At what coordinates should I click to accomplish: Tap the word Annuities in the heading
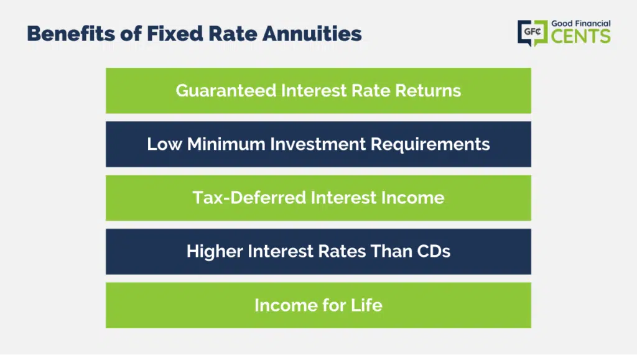point(312,34)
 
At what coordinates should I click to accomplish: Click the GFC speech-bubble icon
point(532,33)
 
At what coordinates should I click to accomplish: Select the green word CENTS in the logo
point(580,36)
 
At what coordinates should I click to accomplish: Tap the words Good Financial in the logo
point(580,24)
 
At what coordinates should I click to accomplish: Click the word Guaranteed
point(226,91)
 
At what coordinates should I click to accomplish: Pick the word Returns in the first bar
point(428,91)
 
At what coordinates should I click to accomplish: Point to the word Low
point(164,144)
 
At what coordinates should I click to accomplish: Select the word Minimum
point(226,144)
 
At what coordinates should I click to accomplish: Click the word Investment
point(318,144)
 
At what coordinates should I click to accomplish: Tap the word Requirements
point(430,145)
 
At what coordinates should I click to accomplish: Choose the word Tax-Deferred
point(249,198)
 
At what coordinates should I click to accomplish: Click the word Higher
point(215,252)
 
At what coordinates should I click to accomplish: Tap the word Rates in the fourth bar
point(342,251)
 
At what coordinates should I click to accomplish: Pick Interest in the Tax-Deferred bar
point(343,198)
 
